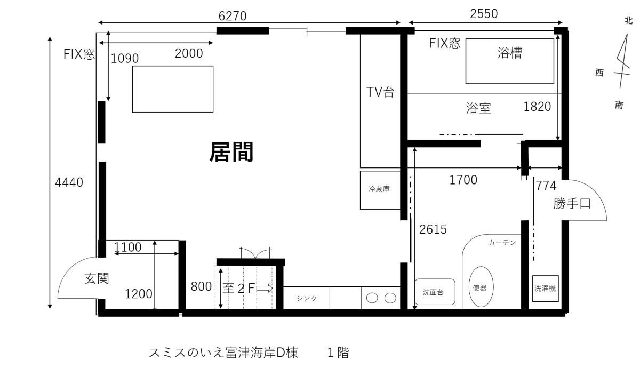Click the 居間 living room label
click(231, 153)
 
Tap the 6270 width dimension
click(233, 16)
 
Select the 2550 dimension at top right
click(484, 14)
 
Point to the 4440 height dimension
click(69, 182)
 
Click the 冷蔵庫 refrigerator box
click(380, 190)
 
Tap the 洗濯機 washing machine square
click(545, 289)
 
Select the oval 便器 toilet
click(481, 286)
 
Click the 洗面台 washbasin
click(435, 292)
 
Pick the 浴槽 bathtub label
click(510, 53)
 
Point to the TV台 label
click(380, 92)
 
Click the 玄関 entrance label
click(97, 278)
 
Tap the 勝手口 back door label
click(572, 203)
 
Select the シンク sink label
click(307, 298)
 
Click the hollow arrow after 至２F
click(265, 288)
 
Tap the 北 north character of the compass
click(628, 20)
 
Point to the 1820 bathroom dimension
click(537, 107)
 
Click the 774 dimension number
click(546, 186)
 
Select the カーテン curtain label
click(502, 243)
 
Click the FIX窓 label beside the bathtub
click(445, 43)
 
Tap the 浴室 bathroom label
click(478, 108)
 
